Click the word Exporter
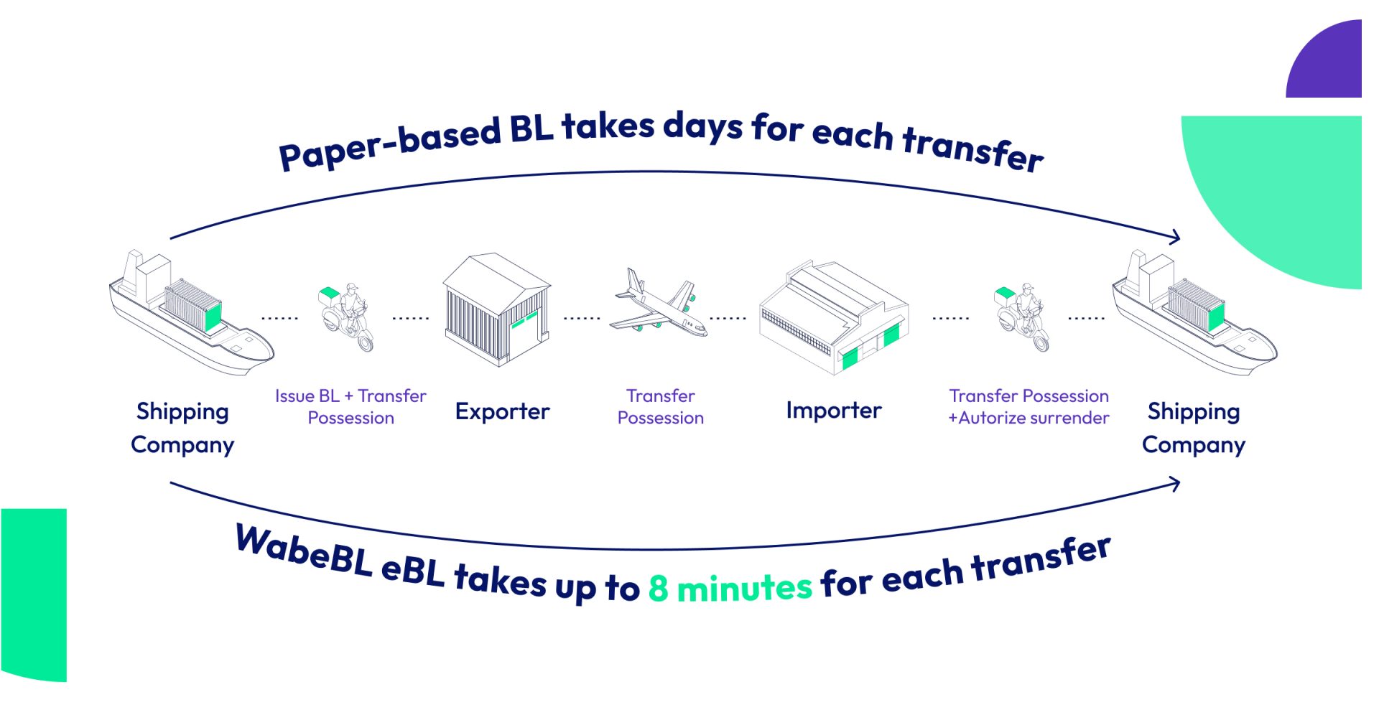[x=502, y=411]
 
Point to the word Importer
[x=833, y=410]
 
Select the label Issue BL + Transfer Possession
[x=350, y=406]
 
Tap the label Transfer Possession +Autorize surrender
[x=1029, y=406]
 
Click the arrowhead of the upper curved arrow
[x=1175, y=237]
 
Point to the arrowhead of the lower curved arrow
[x=1175, y=484]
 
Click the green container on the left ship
[x=213, y=317]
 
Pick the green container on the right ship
[x=1216, y=317]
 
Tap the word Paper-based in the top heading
[x=389, y=144]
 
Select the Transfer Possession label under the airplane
[x=660, y=406]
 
